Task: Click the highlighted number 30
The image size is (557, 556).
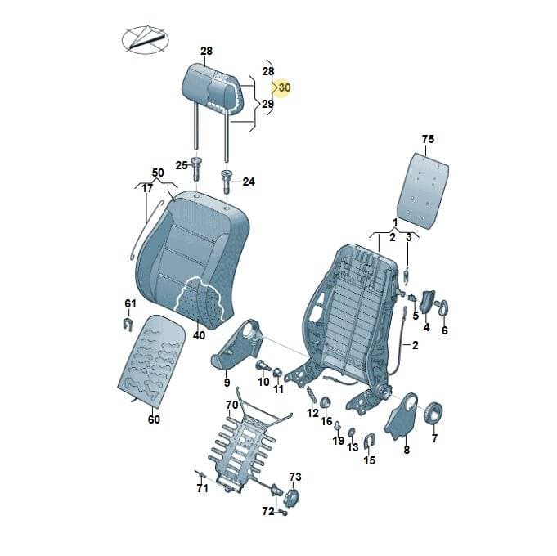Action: click(x=285, y=87)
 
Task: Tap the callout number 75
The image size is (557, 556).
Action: click(x=428, y=139)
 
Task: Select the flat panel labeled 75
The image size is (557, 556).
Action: click(x=422, y=190)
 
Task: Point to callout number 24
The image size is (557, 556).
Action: click(x=249, y=182)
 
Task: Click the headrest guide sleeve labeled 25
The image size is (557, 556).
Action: click(x=196, y=168)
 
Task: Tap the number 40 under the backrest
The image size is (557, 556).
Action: click(x=199, y=335)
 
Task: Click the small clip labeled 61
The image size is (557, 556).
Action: click(x=128, y=324)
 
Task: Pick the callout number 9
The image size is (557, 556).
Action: click(x=227, y=383)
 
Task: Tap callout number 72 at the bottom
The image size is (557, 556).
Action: click(x=268, y=511)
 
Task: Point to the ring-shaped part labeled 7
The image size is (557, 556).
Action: click(x=433, y=413)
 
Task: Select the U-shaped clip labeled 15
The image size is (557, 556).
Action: click(x=370, y=442)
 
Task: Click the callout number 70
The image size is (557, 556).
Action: click(x=232, y=405)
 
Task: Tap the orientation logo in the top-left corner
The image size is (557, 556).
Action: click(x=145, y=39)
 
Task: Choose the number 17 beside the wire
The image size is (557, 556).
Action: click(x=147, y=188)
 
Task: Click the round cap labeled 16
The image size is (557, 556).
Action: click(x=326, y=402)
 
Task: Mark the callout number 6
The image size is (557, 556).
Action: click(x=445, y=330)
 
